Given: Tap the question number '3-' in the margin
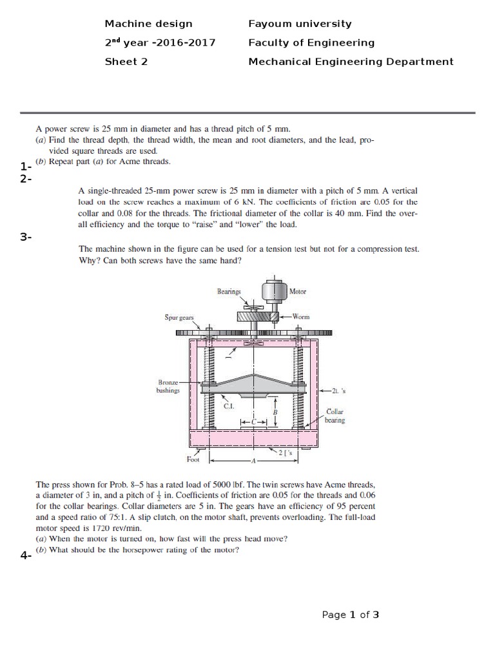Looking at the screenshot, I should pos(26,237).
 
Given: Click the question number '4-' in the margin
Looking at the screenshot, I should pos(26,556).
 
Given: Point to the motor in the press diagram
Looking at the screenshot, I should pos(273,292).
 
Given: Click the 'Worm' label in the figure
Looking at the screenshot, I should pos(301,317).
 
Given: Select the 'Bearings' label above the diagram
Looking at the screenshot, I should pos(229,292).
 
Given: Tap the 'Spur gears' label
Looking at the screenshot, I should pos(180,317).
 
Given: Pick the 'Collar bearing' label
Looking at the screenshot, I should pos(336,415).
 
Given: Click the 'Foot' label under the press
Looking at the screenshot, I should pos(193,459).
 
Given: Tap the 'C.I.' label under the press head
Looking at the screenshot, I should pos(228,406).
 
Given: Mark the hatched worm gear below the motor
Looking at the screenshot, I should pos(256,316).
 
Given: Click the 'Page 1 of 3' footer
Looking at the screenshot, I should pos(350,615).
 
